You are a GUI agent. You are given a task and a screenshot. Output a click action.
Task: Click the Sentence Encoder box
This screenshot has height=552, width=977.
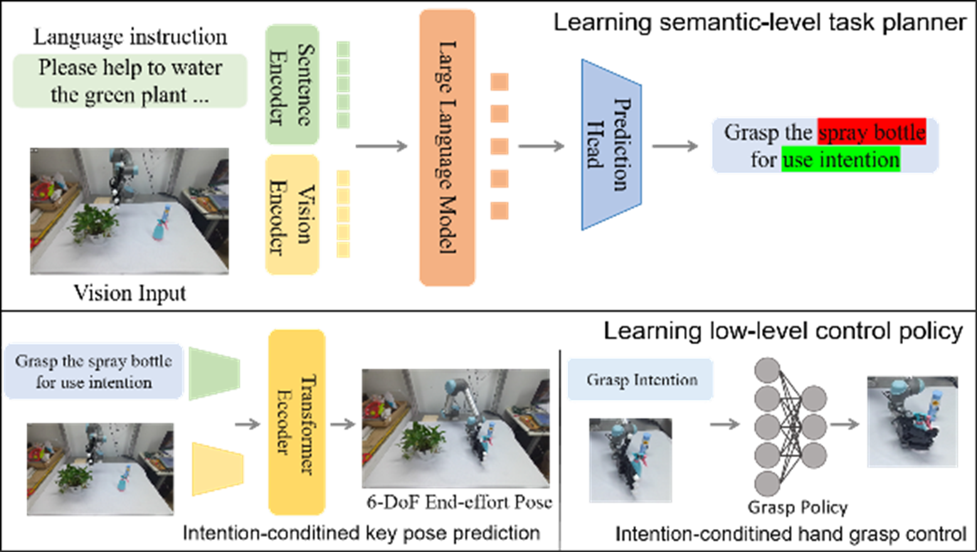coord(292,84)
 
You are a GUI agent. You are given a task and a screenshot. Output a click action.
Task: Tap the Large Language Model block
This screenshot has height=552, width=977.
coord(447,147)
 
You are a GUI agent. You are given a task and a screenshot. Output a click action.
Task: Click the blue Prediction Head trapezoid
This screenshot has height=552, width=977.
coord(611,145)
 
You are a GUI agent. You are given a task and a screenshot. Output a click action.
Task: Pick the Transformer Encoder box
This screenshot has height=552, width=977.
coord(297,422)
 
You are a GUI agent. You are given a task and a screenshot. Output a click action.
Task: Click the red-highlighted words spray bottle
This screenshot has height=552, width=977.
coord(872,133)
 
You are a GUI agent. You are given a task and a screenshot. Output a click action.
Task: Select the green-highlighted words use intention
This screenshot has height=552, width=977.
coord(840,160)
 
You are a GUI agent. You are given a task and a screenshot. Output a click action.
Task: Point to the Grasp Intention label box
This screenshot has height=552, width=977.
coord(640,379)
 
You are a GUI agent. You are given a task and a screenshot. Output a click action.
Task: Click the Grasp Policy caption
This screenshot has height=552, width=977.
coord(798,507)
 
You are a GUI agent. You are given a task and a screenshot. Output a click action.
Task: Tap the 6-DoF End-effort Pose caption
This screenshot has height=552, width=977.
coord(459,502)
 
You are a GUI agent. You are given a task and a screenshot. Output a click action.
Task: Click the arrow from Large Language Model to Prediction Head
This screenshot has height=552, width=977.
coord(541,147)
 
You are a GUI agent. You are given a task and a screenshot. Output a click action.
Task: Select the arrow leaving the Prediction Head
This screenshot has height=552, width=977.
coord(674,147)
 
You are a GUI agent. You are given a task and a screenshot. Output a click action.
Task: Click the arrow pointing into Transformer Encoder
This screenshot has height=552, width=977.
coord(248,425)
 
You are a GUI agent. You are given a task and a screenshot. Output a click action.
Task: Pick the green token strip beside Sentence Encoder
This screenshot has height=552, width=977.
coord(343,85)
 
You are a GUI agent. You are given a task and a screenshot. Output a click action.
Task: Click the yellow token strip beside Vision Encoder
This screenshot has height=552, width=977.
coord(343,214)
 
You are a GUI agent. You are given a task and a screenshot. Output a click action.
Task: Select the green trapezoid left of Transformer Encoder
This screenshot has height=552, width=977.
coord(214,374)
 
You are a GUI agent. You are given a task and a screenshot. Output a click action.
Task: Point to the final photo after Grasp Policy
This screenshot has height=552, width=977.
coord(912,421)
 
